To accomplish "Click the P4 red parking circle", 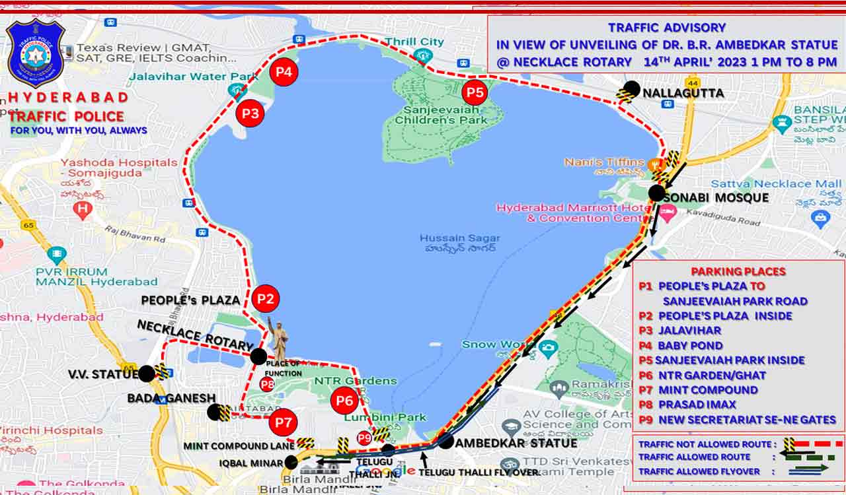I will tap(284, 72).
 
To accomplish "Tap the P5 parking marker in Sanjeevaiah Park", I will tap(474, 92).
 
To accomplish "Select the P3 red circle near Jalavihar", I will tap(250, 114).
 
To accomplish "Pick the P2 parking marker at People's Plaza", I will tap(265, 298).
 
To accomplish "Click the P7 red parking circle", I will tap(283, 422).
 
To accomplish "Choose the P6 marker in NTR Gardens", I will tap(344, 401).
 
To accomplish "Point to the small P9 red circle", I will tap(364, 438).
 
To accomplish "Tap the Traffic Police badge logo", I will tap(36, 53).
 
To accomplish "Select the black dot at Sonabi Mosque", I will tap(656, 193).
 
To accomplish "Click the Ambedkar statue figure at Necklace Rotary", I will tap(280, 341).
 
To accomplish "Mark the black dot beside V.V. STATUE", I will tap(146, 374).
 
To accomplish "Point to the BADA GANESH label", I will tap(171, 398).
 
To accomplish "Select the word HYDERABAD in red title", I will tap(68, 97).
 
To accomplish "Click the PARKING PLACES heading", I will tap(738, 271).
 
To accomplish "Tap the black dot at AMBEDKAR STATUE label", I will tap(446, 442).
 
